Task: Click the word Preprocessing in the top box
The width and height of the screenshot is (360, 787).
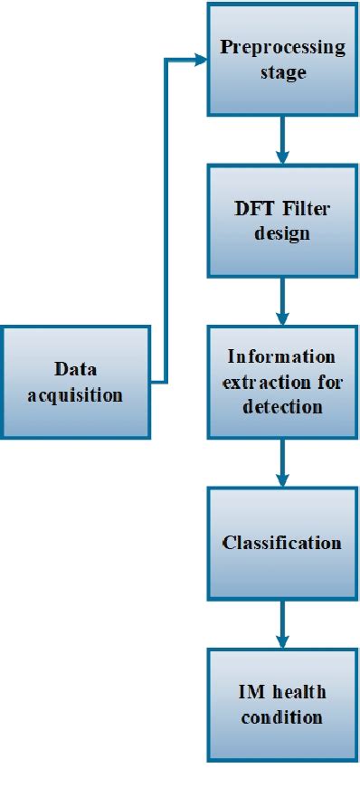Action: [282, 48]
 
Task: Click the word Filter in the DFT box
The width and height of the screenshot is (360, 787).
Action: [306, 210]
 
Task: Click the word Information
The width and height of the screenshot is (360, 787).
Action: [282, 356]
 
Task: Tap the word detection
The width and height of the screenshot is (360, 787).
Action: [282, 406]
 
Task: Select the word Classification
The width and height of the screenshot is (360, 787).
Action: [282, 543]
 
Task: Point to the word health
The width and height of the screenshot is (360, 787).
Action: [297, 694]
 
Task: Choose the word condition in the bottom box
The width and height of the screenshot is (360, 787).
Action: [282, 717]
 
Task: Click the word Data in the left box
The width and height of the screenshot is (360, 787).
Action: [75, 369]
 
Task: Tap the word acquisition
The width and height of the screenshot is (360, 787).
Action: [75, 394]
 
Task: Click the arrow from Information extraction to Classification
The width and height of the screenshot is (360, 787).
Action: [282, 462]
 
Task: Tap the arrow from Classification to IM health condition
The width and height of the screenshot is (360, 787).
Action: [282, 624]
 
